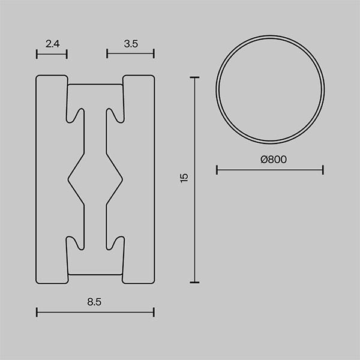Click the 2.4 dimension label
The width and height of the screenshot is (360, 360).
(53, 44)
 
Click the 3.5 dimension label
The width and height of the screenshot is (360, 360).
(131, 44)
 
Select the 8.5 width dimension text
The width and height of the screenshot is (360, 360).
(94, 302)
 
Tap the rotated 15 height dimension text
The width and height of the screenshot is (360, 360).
(184, 178)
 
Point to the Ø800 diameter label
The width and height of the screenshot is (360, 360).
(274, 160)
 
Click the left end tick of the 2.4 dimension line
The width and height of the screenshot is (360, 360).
(37, 54)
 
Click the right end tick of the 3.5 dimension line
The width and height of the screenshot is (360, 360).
(154, 53)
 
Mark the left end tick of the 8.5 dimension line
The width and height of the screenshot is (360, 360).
(37, 312)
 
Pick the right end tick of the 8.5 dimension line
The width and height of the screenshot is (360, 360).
(154, 312)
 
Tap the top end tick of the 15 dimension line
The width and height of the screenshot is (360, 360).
(194, 77)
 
